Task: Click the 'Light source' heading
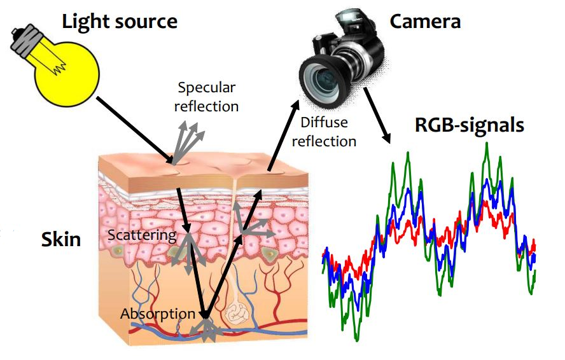[120, 21]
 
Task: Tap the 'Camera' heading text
[425, 22]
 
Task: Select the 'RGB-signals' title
[470, 125]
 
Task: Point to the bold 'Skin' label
[61, 239]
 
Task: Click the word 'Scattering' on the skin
[142, 235]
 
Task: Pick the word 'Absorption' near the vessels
[158, 314]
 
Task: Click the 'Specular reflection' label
[207, 97]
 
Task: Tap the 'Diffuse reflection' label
[324, 132]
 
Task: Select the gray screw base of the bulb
[25, 41]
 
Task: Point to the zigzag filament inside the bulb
[59, 66]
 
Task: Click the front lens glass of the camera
[321, 77]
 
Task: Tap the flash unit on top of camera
[349, 18]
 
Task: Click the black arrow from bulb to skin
[134, 130]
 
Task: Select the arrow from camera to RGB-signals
[377, 115]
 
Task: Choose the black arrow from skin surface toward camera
[283, 135]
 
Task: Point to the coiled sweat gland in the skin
[235, 314]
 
